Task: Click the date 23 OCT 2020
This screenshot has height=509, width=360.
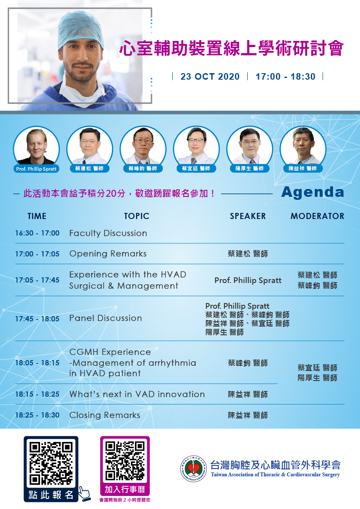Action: coord(210,77)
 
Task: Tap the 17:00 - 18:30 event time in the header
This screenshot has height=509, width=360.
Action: coord(285,77)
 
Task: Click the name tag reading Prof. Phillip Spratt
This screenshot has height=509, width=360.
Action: coord(37,169)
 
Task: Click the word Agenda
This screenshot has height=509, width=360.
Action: coord(313,192)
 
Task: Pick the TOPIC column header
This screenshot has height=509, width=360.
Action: coord(137,216)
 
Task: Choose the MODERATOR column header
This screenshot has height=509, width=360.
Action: coord(317,216)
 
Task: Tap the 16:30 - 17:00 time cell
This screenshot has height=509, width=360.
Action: coord(37,233)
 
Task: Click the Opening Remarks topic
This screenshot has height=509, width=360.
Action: coord(108,254)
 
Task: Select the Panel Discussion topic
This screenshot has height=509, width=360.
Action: coord(105,318)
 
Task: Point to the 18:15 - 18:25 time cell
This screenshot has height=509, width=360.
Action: coord(37,394)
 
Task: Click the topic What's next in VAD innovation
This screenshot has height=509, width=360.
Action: coord(137,394)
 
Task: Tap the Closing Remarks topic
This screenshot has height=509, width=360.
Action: coord(104,415)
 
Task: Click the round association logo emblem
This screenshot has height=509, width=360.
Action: coord(193,469)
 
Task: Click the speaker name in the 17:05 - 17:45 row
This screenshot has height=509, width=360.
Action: coord(248,280)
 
